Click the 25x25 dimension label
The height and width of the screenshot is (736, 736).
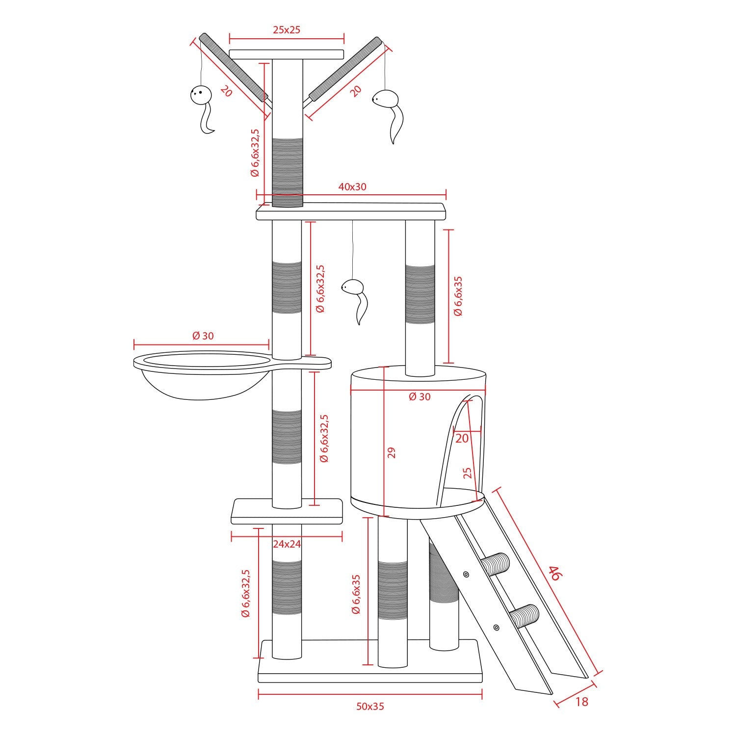(287, 29)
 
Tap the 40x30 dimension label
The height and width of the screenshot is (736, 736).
(352, 186)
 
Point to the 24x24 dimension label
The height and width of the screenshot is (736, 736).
(287, 544)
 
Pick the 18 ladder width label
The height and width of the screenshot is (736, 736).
(581, 702)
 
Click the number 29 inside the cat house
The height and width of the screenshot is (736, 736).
(391, 452)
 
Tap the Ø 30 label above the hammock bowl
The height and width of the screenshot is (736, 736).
(203, 336)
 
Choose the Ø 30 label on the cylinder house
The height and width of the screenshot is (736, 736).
(420, 396)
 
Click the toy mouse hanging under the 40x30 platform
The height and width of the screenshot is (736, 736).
(354, 299)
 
